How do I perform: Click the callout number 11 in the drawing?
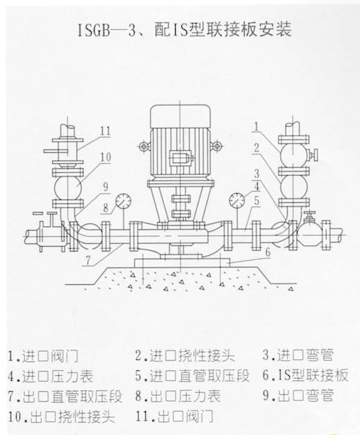click(x=105, y=131)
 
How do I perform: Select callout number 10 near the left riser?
click(x=106, y=157)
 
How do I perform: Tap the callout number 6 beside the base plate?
click(x=268, y=252)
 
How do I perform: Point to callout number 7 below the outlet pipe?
click(x=88, y=261)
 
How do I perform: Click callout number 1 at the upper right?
click(x=256, y=126)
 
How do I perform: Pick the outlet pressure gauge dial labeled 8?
click(x=123, y=201)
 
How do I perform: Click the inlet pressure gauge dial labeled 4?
click(x=237, y=199)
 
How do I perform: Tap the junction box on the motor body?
click(x=181, y=158)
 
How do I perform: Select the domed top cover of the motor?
click(x=180, y=116)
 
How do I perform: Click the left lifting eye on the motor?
click(x=143, y=146)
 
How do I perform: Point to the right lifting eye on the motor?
click(x=215, y=145)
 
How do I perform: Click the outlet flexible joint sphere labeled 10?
click(x=67, y=188)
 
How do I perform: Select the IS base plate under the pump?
click(x=182, y=263)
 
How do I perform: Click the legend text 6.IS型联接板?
click(x=305, y=375)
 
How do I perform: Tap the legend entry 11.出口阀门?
click(x=174, y=416)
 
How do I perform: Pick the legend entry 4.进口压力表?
click(x=51, y=376)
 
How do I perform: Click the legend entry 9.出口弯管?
click(x=298, y=395)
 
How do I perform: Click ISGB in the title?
click(x=93, y=30)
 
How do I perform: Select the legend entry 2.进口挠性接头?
click(x=185, y=356)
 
